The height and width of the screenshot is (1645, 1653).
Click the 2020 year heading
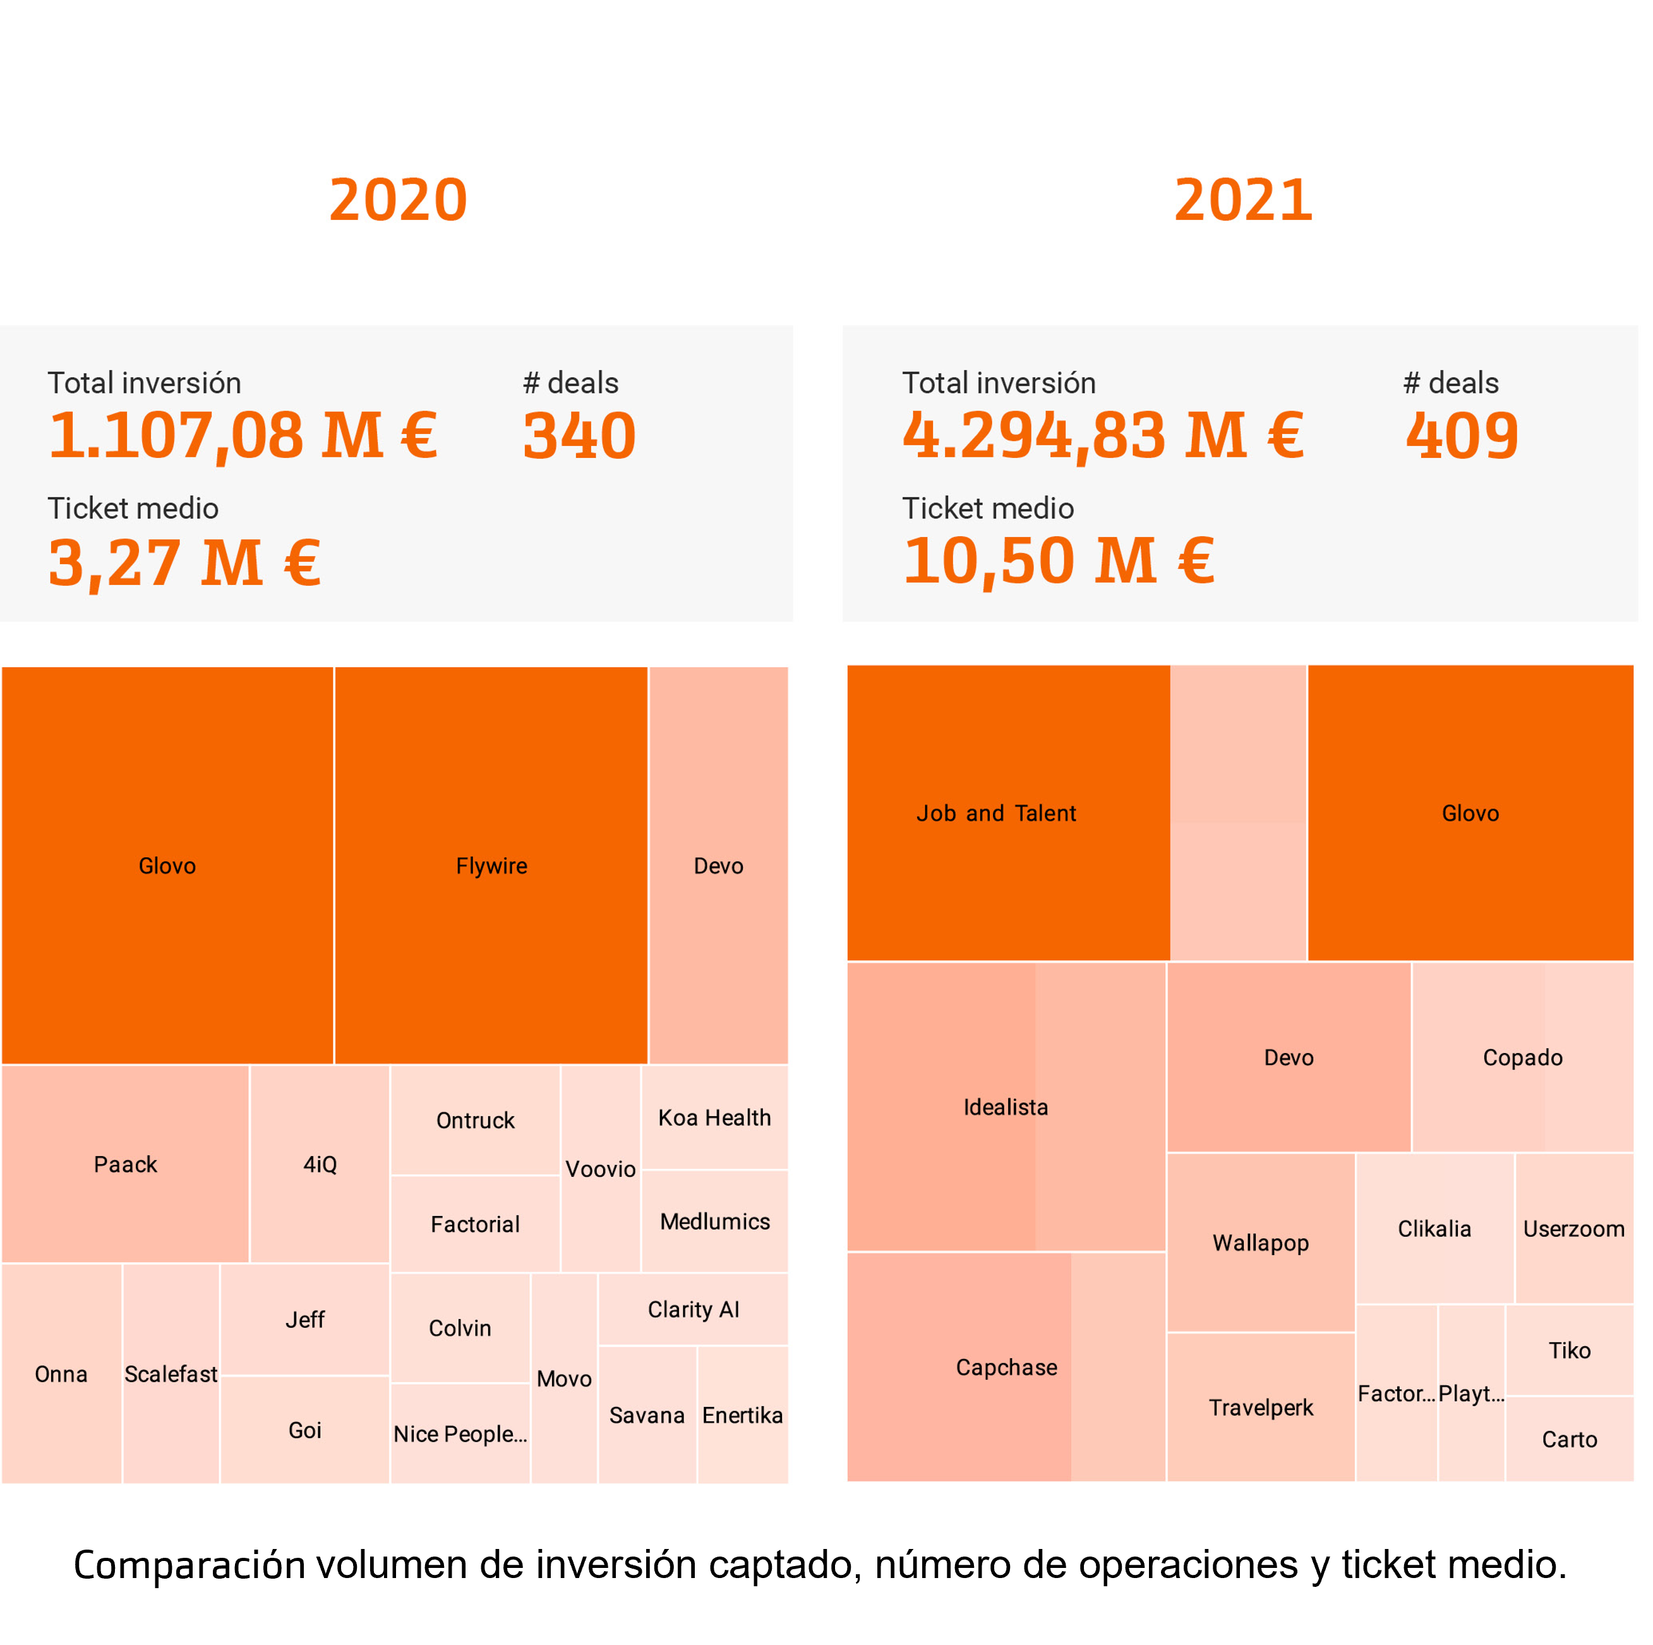tap(398, 200)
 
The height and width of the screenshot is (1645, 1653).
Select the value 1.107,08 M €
tap(244, 436)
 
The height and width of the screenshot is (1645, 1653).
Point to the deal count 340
tap(579, 436)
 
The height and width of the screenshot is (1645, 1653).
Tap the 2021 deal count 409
tap(1462, 436)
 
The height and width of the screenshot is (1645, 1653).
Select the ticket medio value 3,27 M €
tap(185, 562)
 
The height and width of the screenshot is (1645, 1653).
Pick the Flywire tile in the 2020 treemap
tap(491, 865)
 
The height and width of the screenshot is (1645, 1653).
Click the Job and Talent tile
tap(996, 813)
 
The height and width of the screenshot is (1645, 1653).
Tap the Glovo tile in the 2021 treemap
tap(1470, 813)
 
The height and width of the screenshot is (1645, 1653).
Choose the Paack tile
tap(125, 1164)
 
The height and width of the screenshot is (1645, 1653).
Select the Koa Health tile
tap(714, 1117)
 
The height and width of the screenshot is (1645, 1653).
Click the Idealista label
tap(1006, 1107)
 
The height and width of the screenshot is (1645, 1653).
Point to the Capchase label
tap(1006, 1367)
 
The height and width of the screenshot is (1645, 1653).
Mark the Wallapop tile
tap(1260, 1242)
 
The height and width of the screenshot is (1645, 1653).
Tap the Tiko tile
tap(1569, 1350)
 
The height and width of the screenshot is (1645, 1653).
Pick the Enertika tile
tap(742, 1415)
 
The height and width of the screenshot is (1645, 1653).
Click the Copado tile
tap(1522, 1057)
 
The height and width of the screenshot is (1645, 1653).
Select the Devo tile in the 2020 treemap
tap(718, 865)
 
